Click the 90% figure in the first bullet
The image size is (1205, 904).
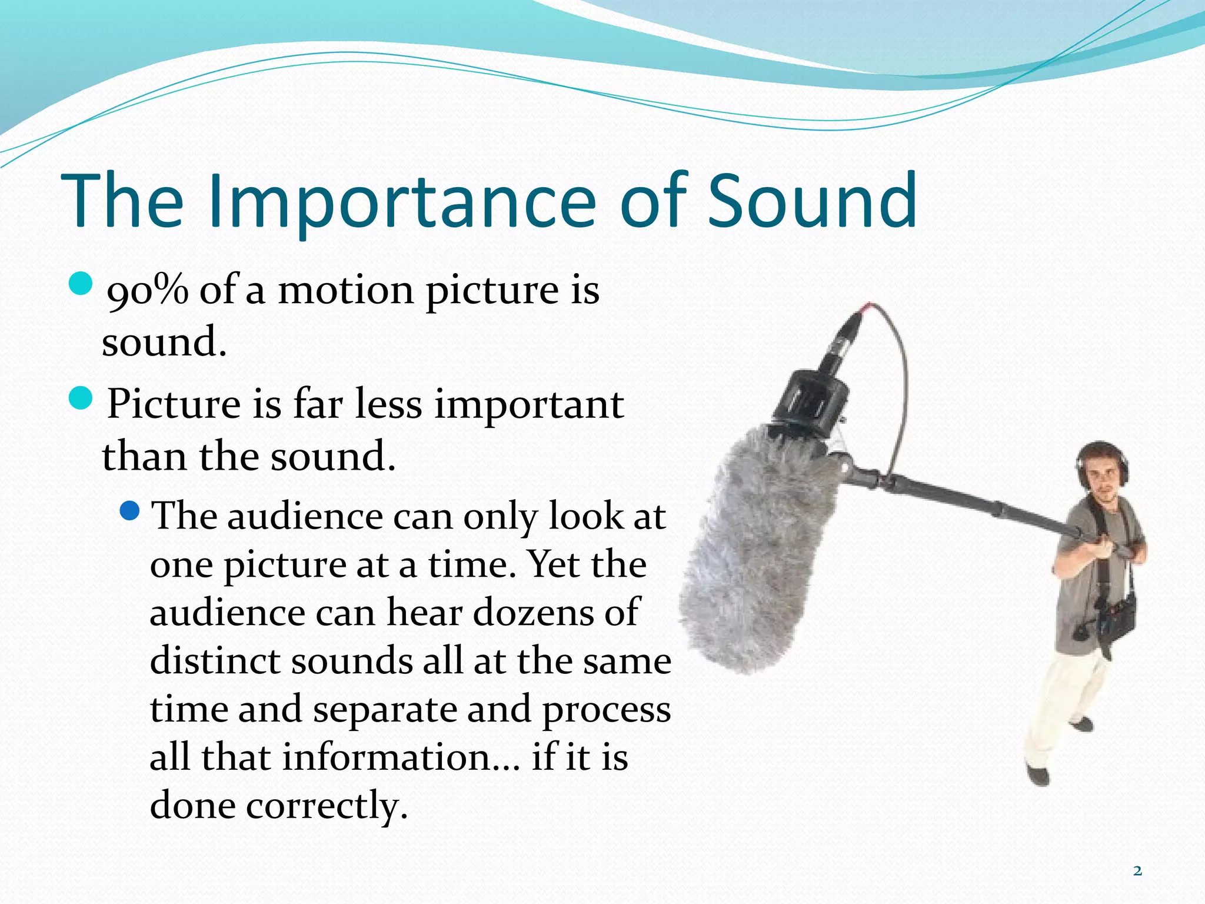click(147, 291)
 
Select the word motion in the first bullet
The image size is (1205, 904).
click(346, 291)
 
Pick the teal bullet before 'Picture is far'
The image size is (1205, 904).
click(81, 399)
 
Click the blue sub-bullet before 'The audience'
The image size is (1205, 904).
click(129, 510)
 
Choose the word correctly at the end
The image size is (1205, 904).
click(327, 806)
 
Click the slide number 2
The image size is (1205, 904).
click(1137, 871)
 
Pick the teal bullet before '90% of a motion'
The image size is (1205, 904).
click(81, 284)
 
